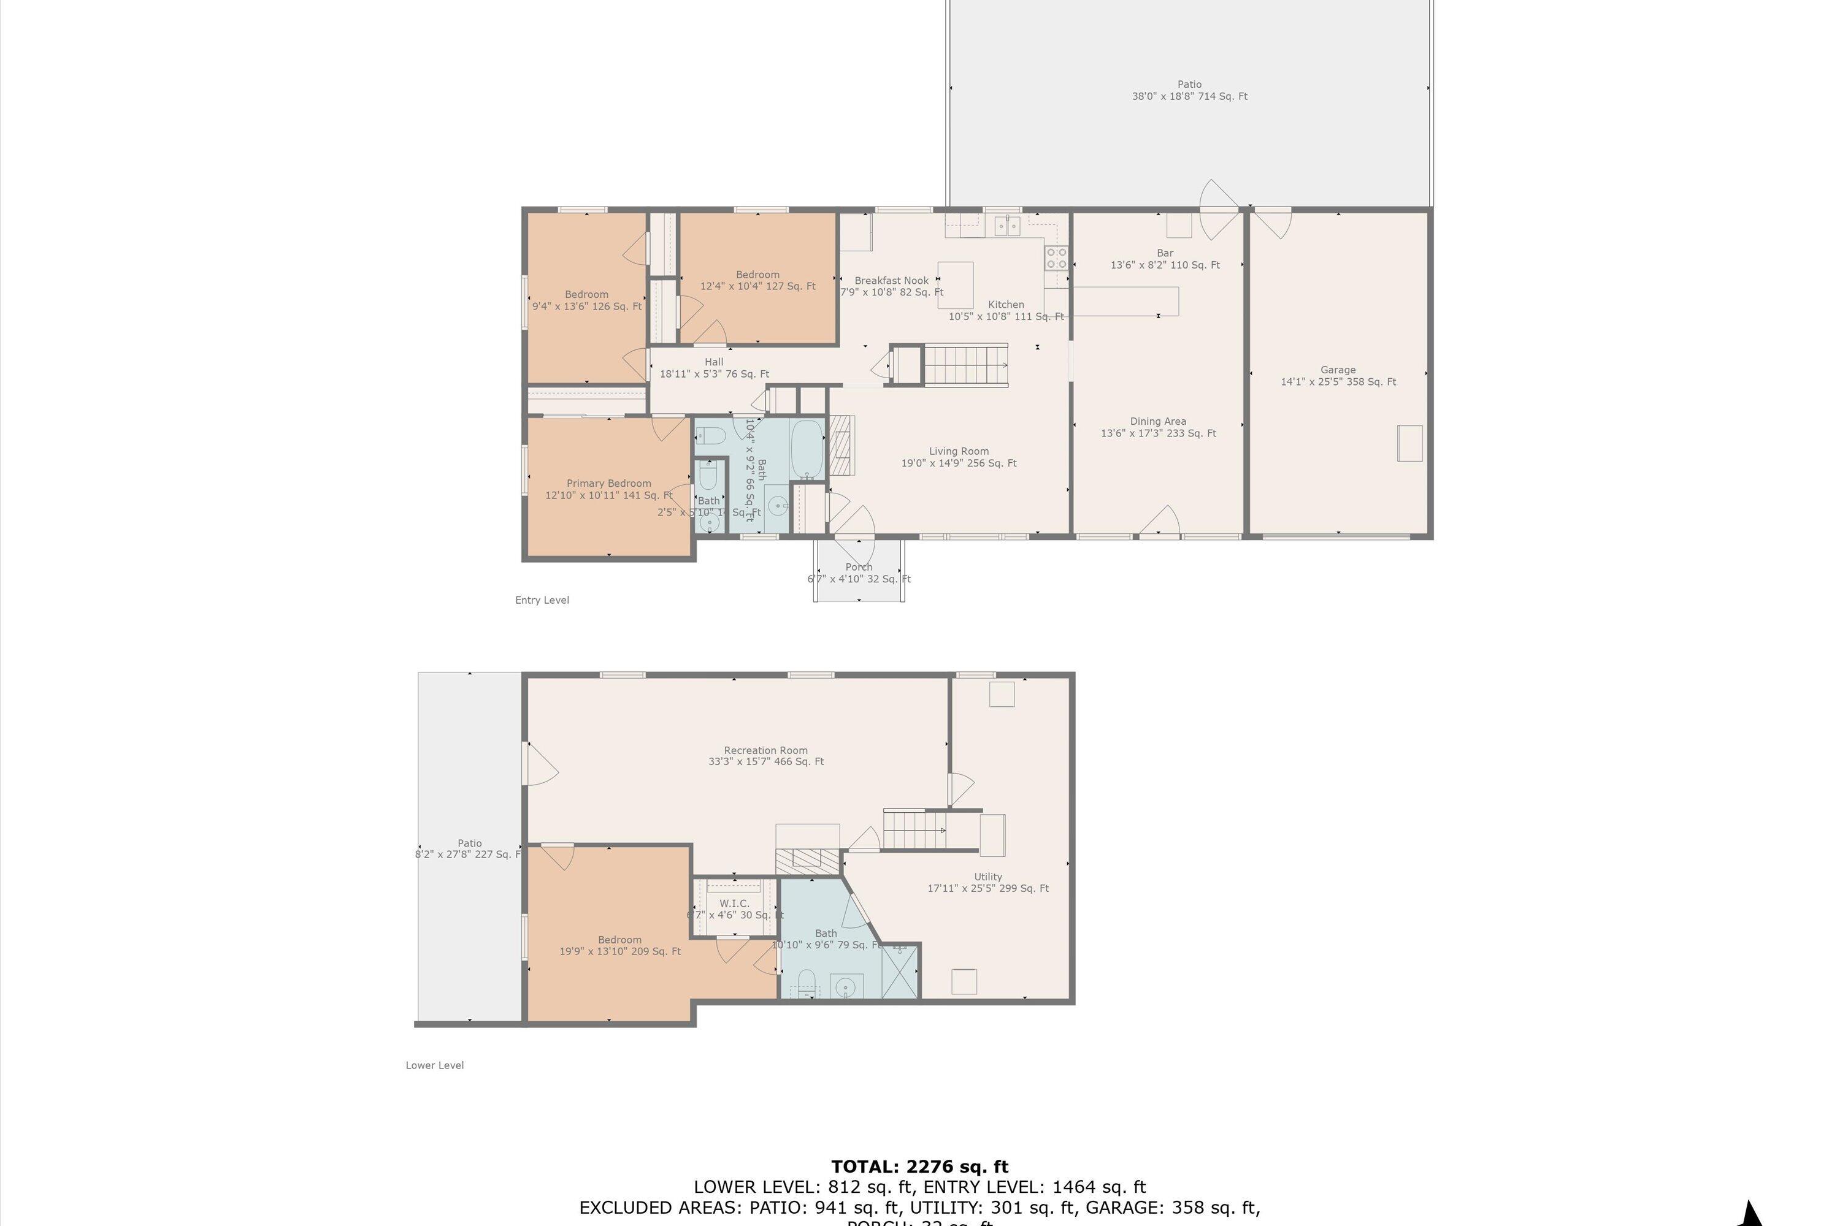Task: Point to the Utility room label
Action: pos(988,877)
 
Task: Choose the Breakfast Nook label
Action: pos(891,281)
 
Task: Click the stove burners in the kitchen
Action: pos(1056,258)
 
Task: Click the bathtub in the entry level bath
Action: pos(807,451)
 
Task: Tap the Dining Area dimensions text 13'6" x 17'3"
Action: pos(1158,434)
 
